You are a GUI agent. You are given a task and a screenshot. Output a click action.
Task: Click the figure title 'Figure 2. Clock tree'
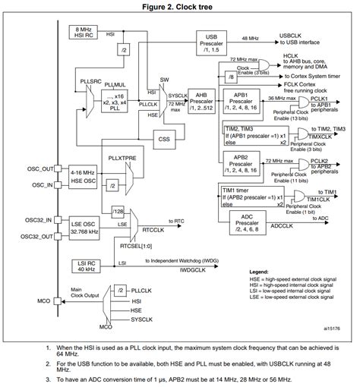pyautogui.click(x=181, y=6)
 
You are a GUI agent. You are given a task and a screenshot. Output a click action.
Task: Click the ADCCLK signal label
pyautogui.click(x=283, y=225)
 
